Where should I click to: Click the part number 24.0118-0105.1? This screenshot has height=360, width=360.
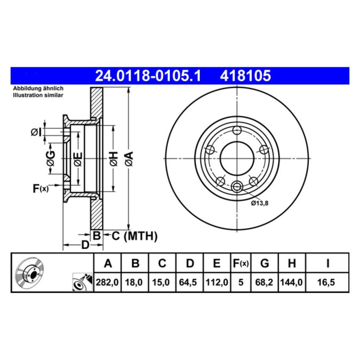148,76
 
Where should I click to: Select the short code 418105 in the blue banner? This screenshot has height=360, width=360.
245,76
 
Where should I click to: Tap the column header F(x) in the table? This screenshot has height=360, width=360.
241,263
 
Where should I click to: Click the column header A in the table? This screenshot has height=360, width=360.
108,263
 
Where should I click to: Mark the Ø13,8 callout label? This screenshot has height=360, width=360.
260,203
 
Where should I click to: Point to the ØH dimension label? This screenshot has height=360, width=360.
113,158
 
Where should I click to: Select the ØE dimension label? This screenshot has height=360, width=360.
78,158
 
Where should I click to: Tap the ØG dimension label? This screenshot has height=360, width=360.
50,158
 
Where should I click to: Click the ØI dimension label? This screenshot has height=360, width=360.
36,133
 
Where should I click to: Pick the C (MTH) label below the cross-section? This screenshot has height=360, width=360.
134,236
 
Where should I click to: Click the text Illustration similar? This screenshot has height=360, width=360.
38,96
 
